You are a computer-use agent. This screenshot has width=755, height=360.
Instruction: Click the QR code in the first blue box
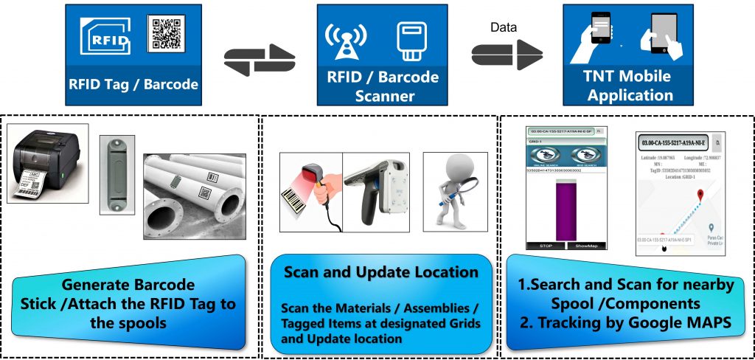pos(167,34)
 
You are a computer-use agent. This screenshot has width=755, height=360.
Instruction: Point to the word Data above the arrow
pos(504,28)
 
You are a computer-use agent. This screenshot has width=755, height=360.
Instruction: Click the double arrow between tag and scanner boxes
pos(259,58)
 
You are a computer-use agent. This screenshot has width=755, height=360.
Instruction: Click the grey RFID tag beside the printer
pos(117,175)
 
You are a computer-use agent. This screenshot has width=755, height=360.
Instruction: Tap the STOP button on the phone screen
pos(546,245)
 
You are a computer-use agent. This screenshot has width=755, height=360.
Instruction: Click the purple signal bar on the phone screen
pos(565,211)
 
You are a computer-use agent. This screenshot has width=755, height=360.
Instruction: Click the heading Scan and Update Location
pos(381,271)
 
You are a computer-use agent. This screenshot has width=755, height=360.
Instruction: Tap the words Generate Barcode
pos(129,285)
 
